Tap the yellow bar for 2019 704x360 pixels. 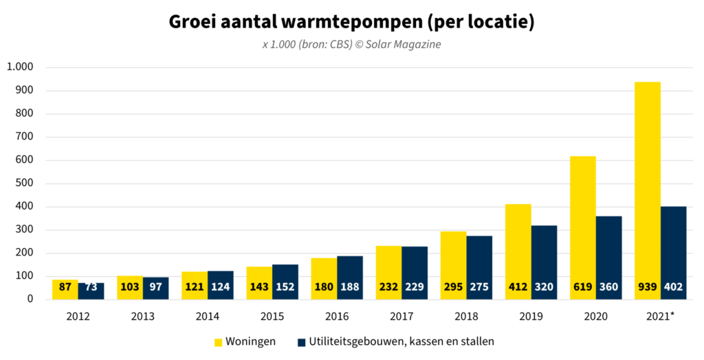tap(518, 240)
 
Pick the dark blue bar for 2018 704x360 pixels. tap(479, 261)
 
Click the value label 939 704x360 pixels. tap(648, 287)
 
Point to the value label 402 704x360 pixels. tap(673, 287)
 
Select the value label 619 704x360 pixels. tap(583, 287)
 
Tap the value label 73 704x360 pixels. tap(91, 287)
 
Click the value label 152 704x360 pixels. tap(285, 287)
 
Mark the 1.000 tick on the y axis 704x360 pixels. tap(20, 67)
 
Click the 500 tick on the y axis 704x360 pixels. tap(25, 183)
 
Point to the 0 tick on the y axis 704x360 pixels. tap(30, 299)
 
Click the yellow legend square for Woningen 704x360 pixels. tap(219, 341)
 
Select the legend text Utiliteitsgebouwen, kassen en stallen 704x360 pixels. tap(402, 341)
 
